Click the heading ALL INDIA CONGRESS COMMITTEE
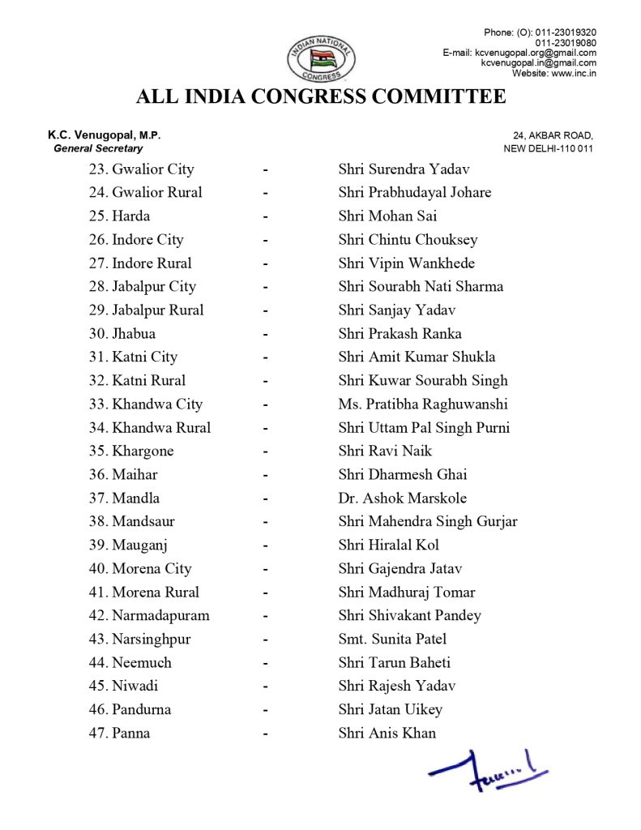pyautogui.click(x=321, y=97)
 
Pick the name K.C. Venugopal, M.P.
pyautogui.click(x=109, y=135)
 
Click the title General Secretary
pyautogui.click(x=98, y=148)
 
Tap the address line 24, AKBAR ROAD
pyautogui.click(x=553, y=135)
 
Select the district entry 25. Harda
pyautogui.click(x=119, y=216)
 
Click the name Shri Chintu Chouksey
pyautogui.click(x=408, y=240)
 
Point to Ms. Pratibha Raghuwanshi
pyautogui.click(x=423, y=404)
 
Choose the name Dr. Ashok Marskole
pyautogui.click(x=402, y=498)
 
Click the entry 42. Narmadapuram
pyautogui.click(x=149, y=616)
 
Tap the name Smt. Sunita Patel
pyautogui.click(x=392, y=640)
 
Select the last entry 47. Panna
pyautogui.click(x=119, y=734)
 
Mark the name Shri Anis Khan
pyautogui.click(x=387, y=734)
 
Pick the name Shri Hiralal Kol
pyautogui.click(x=388, y=545)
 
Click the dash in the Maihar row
pyautogui.click(x=265, y=475)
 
